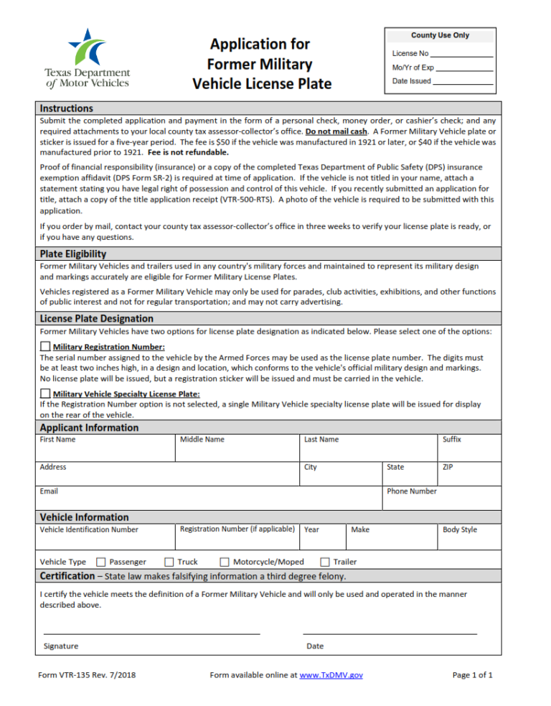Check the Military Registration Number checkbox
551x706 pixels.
[x=45, y=347]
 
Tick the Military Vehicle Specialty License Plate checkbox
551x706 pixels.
[x=45, y=394]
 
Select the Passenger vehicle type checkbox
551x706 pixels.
[x=101, y=562]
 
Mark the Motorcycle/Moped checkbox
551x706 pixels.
[x=225, y=562]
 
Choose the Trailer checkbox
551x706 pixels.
[x=325, y=562]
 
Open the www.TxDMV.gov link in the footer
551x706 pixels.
[x=331, y=675]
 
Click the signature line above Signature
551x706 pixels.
[x=152, y=633]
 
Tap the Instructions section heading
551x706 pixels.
[x=66, y=108]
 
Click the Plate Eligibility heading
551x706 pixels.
[x=73, y=254]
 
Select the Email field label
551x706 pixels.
[x=49, y=491]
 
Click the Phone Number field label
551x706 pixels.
[x=411, y=491]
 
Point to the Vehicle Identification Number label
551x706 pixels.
[x=89, y=529]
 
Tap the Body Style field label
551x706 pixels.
[x=459, y=529]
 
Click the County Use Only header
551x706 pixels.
[x=440, y=35]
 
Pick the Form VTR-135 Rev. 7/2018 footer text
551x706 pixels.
[x=87, y=675]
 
